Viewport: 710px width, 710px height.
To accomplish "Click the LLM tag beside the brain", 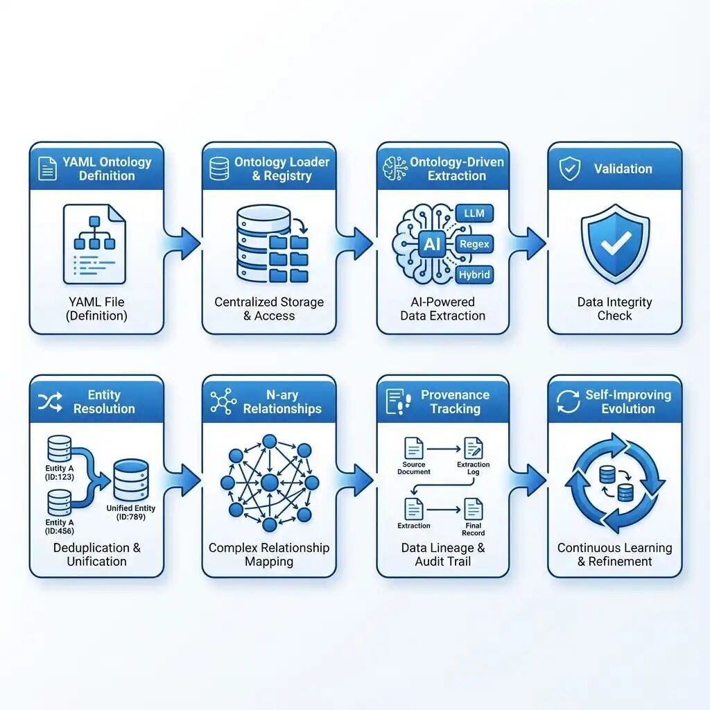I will [x=475, y=213].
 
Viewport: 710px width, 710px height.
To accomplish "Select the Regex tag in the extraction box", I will [x=474, y=244].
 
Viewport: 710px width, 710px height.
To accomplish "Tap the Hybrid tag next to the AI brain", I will [x=474, y=275].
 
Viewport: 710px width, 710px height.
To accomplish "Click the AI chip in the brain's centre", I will [x=431, y=243].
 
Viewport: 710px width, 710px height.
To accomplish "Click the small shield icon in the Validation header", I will [x=569, y=168].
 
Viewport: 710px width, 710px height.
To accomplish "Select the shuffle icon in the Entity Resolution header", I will [x=50, y=401].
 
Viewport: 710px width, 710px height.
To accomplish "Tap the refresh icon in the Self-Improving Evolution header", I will [x=569, y=401].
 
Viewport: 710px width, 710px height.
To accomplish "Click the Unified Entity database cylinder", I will [x=130, y=479].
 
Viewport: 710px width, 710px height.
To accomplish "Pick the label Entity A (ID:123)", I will [x=59, y=473].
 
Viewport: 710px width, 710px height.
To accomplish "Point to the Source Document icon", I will [x=414, y=447].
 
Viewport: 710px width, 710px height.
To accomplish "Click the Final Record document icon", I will [x=474, y=510].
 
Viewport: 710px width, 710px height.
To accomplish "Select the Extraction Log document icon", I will [x=474, y=447].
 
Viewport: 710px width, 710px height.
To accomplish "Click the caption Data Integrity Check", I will [x=614, y=309].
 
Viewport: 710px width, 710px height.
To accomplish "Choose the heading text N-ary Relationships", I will [x=282, y=401].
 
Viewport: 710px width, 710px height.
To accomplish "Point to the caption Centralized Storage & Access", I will [x=269, y=309].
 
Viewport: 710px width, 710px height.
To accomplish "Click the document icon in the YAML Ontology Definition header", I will [x=48, y=168].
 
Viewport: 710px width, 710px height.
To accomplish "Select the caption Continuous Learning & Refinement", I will [x=614, y=555].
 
